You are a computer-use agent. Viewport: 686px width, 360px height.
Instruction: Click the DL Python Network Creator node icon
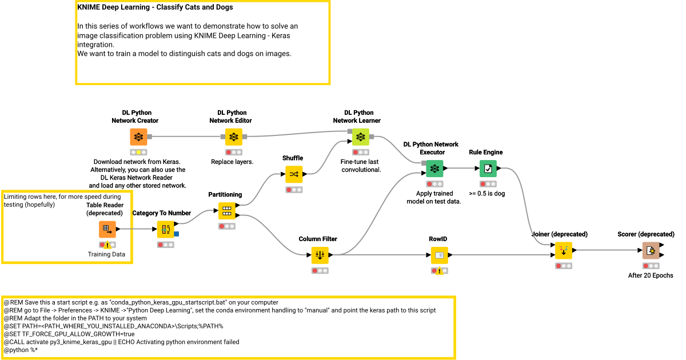pos(138,137)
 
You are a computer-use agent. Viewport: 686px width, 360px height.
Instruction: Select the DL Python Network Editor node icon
pos(233,137)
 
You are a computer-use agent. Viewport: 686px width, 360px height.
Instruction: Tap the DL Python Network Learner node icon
pos(360,137)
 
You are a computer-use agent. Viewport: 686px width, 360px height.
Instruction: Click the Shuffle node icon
pos(294,174)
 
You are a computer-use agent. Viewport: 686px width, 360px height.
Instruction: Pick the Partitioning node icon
pos(227,211)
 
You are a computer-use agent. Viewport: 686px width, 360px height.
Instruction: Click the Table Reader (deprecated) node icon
pos(107,229)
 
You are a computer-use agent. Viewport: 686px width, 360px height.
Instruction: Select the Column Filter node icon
pos(320,255)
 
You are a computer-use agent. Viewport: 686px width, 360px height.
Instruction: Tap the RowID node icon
pos(439,255)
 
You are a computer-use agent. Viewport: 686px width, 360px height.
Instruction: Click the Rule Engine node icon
pos(488,169)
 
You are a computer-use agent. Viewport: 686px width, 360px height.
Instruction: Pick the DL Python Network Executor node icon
pos(434,169)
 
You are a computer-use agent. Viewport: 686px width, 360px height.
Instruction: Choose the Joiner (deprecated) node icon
pos(563,250)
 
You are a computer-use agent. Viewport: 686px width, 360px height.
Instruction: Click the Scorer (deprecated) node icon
pos(650,250)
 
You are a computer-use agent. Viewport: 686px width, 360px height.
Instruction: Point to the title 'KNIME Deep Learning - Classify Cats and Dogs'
pos(155,8)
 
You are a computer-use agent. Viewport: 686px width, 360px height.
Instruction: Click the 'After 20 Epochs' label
pos(650,275)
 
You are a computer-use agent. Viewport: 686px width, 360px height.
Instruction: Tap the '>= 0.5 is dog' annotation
pos(486,194)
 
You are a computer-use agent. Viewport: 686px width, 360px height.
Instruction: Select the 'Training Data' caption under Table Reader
pos(107,254)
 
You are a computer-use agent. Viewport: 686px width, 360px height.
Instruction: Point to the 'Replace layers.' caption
pos(232,162)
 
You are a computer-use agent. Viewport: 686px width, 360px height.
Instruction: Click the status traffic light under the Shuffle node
pos(294,190)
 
